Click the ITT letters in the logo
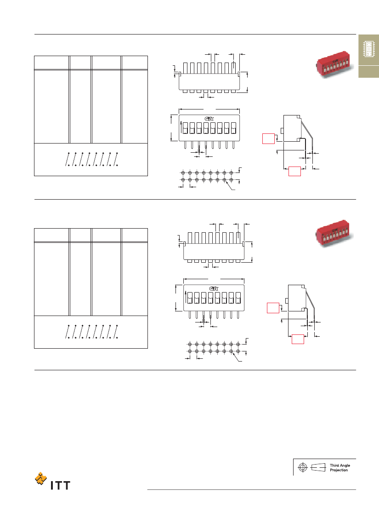(x=60, y=485)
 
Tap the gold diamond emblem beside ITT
(x=40, y=478)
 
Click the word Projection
(x=339, y=470)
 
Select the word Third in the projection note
(x=334, y=466)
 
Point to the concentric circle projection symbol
(x=303, y=467)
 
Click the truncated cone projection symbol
(x=318, y=467)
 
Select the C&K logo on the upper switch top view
(x=209, y=119)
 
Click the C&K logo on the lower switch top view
(x=214, y=288)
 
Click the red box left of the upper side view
(x=268, y=138)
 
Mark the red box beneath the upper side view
(x=294, y=172)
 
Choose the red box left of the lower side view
(x=273, y=308)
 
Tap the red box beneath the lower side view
(x=298, y=339)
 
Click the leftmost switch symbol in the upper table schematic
(x=68, y=159)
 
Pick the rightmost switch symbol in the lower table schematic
(x=116, y=331)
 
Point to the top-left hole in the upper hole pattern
(x=183, y=173)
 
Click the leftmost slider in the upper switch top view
(x=185, y=128)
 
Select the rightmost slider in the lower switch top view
(x=238, y=298)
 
